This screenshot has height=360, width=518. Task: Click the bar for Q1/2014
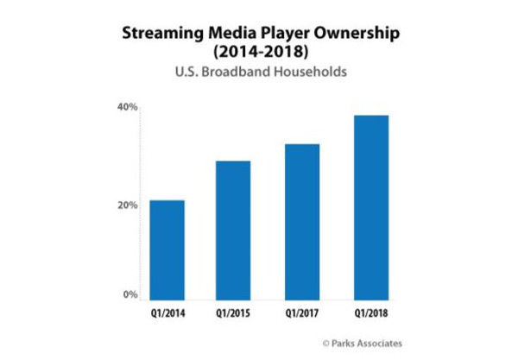coord(167,251)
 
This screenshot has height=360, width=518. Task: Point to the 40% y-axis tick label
coord(127,107)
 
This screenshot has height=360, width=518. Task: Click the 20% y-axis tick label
coord(127,205)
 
